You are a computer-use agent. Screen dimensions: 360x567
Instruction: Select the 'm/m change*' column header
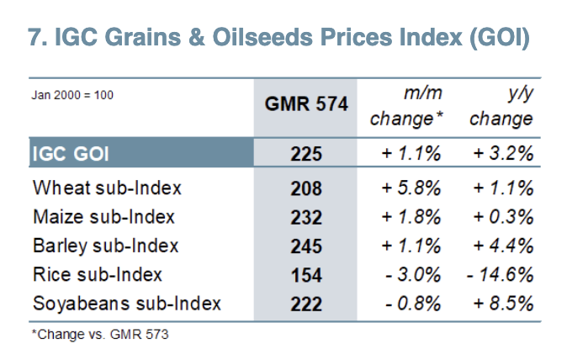coord(406,106)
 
